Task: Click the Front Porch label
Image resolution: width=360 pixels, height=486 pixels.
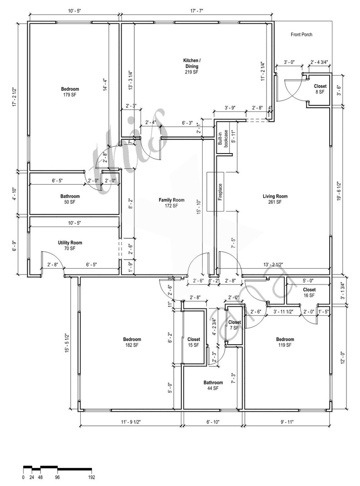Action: [x=301, y=34]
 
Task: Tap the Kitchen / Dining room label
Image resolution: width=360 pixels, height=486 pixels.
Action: [x=191, y=66]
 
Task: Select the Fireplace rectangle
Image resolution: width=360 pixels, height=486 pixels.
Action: [x=216, y=192]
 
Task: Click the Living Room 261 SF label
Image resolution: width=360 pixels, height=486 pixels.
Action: [x=275, y=199]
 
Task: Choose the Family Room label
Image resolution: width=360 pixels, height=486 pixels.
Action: [x=171, y=202]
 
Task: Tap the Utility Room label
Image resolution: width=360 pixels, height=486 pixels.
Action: [x=70, y=245]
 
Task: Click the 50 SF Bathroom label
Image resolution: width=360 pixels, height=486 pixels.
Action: [x=70, y=199]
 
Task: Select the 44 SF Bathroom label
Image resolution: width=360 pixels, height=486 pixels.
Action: [x=213, y=385]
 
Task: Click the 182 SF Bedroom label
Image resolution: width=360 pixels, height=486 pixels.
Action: [x=132, y=342]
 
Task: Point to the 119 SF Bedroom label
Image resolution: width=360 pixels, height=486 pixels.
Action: [x=285, y=342]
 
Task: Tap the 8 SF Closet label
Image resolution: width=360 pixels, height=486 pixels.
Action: [x=320, y=89]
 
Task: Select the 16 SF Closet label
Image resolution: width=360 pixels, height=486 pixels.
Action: [x=309, y=293]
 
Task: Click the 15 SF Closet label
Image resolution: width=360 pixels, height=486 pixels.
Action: [x=194, y=342]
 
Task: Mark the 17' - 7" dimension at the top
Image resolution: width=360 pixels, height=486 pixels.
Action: [x=197, y=11]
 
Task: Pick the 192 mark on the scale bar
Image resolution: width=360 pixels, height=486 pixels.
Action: [x=91, y=477]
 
